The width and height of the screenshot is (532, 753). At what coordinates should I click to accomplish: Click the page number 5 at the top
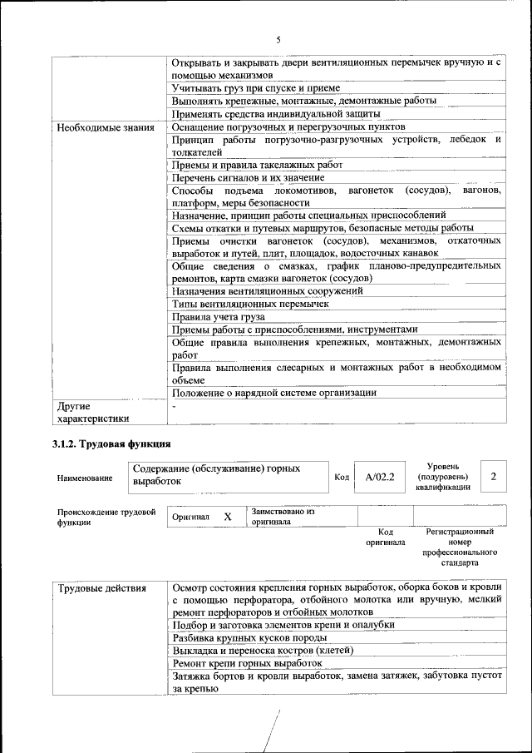[278, 39]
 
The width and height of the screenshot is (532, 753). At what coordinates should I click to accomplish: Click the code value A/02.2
[379, 478]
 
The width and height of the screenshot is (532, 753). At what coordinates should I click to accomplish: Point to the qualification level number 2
[494, 477]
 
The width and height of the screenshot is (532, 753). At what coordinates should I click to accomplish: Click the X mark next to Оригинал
[227, 517]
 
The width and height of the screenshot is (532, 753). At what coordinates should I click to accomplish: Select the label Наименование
[85, 478]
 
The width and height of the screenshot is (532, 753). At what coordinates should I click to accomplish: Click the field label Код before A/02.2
[342, 478]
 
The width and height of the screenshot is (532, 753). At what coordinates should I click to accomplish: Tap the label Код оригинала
[386, 537]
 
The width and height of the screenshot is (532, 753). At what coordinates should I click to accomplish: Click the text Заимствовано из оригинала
[283, 517]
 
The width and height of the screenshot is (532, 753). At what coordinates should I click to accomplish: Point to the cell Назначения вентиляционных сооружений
[268, 290]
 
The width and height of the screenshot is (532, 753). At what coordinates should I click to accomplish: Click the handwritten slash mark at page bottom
[271, 732]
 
